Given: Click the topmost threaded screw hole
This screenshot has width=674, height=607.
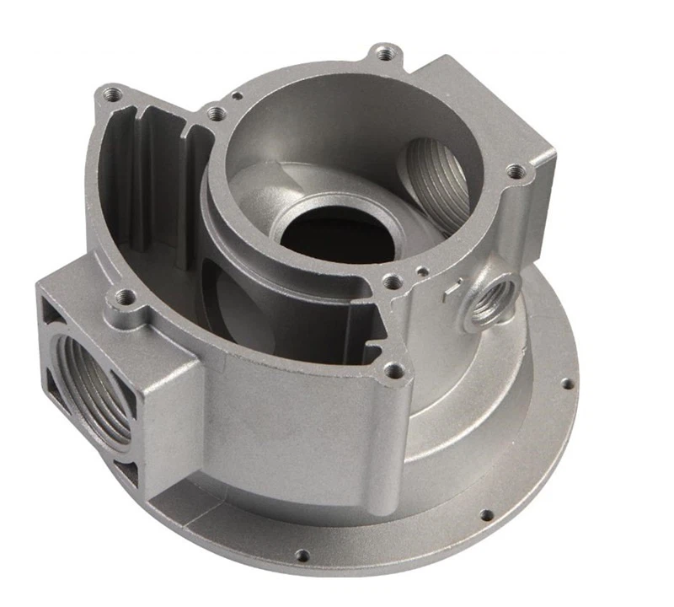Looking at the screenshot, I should pos(385,52).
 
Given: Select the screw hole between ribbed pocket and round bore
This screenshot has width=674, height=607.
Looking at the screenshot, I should pos(216,111).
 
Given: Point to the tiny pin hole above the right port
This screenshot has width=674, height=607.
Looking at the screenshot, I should pos(419,270).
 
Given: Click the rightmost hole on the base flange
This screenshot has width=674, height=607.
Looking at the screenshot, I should pos(565,384).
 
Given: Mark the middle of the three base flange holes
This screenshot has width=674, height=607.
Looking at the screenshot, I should pos(484,513).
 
